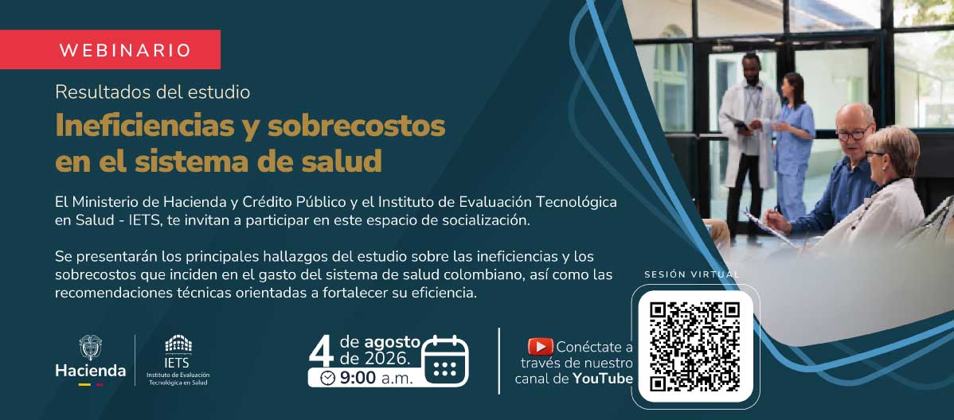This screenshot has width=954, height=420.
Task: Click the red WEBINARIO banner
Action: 110,49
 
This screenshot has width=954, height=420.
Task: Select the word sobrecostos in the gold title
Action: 357,126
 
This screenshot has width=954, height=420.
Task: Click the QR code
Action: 695,347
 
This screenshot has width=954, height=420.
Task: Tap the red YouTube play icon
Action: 540,347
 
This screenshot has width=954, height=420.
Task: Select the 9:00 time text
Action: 357,378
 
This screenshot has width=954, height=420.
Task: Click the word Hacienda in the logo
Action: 91,370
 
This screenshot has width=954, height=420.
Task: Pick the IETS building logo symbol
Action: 178,344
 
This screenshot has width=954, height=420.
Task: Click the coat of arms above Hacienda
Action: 91,347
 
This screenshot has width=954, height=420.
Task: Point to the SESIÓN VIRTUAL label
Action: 692,274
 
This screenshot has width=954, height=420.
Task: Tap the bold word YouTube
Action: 603,379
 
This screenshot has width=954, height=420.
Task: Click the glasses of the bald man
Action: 853,134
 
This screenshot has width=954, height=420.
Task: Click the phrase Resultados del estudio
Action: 153,91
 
